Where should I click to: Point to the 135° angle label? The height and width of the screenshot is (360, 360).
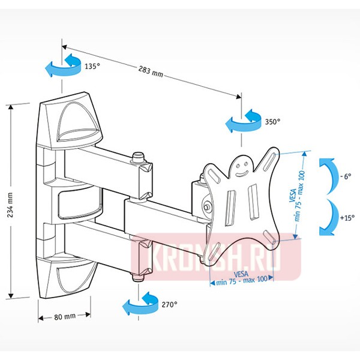coord(91,66)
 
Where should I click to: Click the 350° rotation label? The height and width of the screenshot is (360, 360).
coord(272,121)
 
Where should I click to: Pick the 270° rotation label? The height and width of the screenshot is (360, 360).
coord(169,305)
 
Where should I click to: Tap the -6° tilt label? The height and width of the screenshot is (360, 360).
coord(344,178)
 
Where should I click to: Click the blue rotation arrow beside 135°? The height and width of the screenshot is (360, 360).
coord(62,65)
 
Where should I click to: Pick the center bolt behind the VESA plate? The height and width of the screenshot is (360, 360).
coord(207,207)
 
